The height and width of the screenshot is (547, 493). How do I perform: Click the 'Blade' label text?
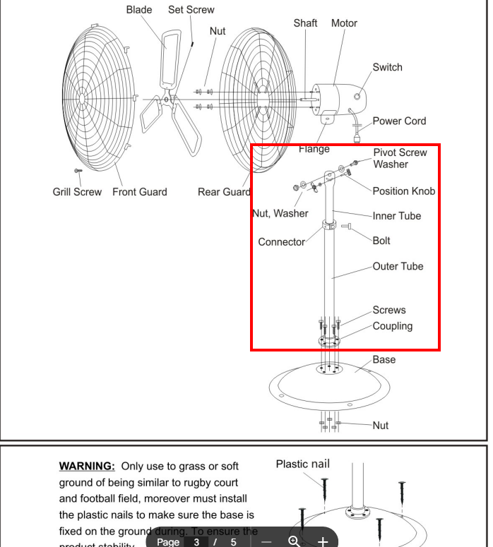point(140,10)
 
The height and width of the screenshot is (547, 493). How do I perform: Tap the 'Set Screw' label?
point(191,10)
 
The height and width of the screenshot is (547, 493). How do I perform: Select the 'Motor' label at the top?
point(344,23)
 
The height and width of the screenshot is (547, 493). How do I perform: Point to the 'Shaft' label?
point(305,23)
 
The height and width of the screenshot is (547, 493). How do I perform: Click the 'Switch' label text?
point(387,67)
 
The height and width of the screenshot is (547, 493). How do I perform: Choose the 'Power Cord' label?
point(399,121)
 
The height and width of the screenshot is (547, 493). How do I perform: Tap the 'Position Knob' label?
point(403,191)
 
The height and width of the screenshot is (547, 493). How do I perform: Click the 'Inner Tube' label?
point(396,216)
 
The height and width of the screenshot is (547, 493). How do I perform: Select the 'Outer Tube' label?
point(398,267)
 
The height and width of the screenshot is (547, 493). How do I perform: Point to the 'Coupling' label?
point(393,326)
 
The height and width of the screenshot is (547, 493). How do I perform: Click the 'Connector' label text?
point(282,241)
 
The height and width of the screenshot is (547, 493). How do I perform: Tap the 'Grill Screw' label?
point(77,192)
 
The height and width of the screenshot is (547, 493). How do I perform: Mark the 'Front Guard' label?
point(140,192)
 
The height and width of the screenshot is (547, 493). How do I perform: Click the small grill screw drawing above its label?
point(77,171)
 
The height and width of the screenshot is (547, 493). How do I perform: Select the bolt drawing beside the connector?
point(346,227)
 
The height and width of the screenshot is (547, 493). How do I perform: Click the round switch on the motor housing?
point(358,95)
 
